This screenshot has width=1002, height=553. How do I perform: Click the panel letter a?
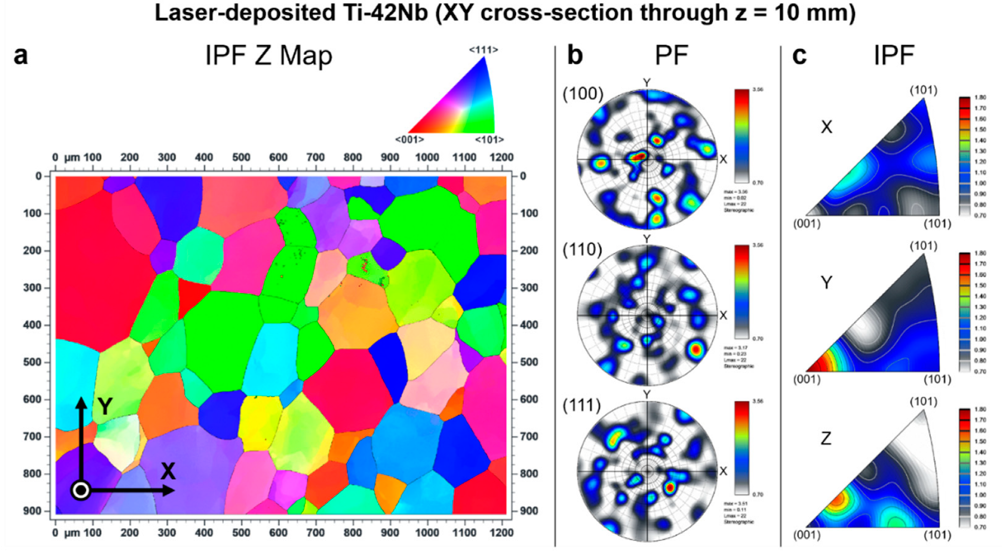[20, 56]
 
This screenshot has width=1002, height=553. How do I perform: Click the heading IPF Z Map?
[268, 55]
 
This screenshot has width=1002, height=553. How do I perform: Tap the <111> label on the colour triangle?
[483, 50]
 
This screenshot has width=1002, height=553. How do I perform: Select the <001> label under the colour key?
[409, 139]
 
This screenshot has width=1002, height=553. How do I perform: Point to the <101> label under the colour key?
[489, 139]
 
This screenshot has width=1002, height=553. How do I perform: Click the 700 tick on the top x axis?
[315, 157]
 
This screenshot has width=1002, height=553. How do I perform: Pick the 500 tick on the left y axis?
[32, 362]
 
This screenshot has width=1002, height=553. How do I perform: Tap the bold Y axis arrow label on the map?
[105, 406]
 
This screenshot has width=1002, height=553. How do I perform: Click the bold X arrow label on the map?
[168, 471]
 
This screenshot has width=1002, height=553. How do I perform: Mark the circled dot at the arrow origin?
[81, 490]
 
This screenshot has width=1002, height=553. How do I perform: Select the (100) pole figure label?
[582, 94]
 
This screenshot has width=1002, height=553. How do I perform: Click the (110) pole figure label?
[582, 250]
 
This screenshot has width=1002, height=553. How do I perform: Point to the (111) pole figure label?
[581, 405]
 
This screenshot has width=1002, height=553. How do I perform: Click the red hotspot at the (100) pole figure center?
[637, 156]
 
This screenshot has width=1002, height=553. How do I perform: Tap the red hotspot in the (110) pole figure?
[696, 350]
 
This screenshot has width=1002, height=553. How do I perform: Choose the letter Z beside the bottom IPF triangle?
[826, 438]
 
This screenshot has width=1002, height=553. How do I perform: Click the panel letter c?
[799, 56]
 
